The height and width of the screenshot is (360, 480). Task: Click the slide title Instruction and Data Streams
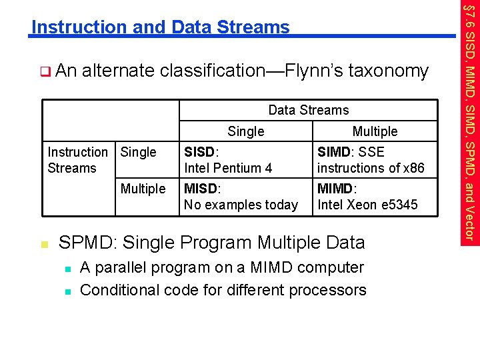click(x=161, y=27)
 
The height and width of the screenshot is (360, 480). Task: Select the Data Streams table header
click(x=308, y=110)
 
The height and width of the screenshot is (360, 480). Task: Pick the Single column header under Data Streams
click(x=245, y=131)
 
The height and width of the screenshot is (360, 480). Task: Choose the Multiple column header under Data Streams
click(x=375, y=131)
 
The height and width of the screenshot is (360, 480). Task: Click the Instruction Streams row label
click(x=77, y=160)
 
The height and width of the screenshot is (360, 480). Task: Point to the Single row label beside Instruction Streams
click(x=139, y=152)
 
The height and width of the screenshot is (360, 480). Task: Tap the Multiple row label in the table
click(x=143, y=189)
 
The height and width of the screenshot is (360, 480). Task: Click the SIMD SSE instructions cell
click(x=370, y=160)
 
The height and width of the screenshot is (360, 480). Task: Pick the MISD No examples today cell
click(x=240, y=197)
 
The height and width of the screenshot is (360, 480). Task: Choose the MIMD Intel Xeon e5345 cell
click(x=367, y=197)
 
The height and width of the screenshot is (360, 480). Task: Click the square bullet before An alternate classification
click(x=45, y=70)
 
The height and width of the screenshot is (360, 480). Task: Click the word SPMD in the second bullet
click(x=85, y=243)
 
